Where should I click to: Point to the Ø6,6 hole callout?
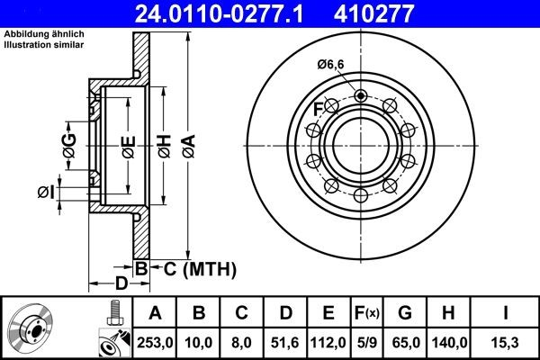(x=332, y=63)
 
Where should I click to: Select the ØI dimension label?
(x=47, y=191)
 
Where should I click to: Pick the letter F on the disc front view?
(x=318, y=110)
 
